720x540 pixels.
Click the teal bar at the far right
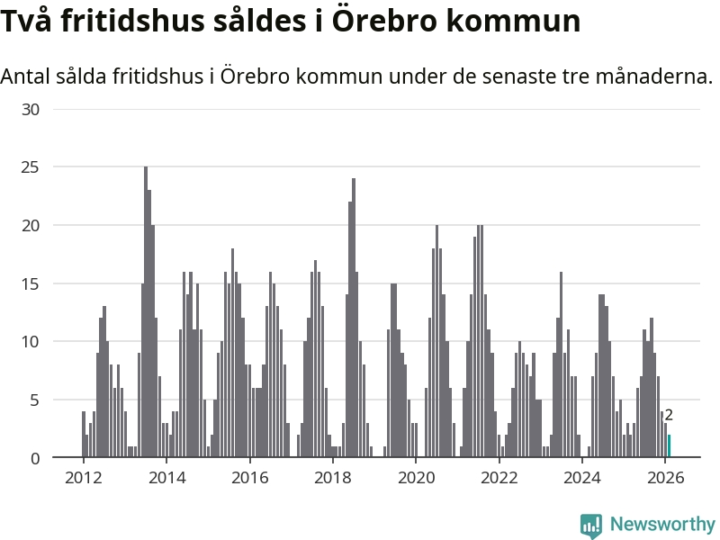tap(669, 446)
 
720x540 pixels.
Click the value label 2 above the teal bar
tap(669, 415)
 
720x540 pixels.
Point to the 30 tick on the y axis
tap(31, 109)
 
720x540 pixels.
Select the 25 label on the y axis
tap(31, 167)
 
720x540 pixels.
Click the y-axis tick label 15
tap(31, 283)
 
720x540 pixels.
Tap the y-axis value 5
tap(35, 400)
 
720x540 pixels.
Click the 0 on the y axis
tap(35, 458)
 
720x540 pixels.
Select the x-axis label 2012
tap(84, 477)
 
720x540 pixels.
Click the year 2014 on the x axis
tap(166, 477)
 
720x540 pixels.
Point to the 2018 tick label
tap(332, 477)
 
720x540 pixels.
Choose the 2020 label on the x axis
tap(416, 477)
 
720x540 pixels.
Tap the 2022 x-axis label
tap(499, 477)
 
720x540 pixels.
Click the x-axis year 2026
tap(665, 477)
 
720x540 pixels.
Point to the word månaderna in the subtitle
tap(652, 76)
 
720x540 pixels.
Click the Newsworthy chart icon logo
tap(591, 525)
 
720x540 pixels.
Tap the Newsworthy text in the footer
tap(662, 524)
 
